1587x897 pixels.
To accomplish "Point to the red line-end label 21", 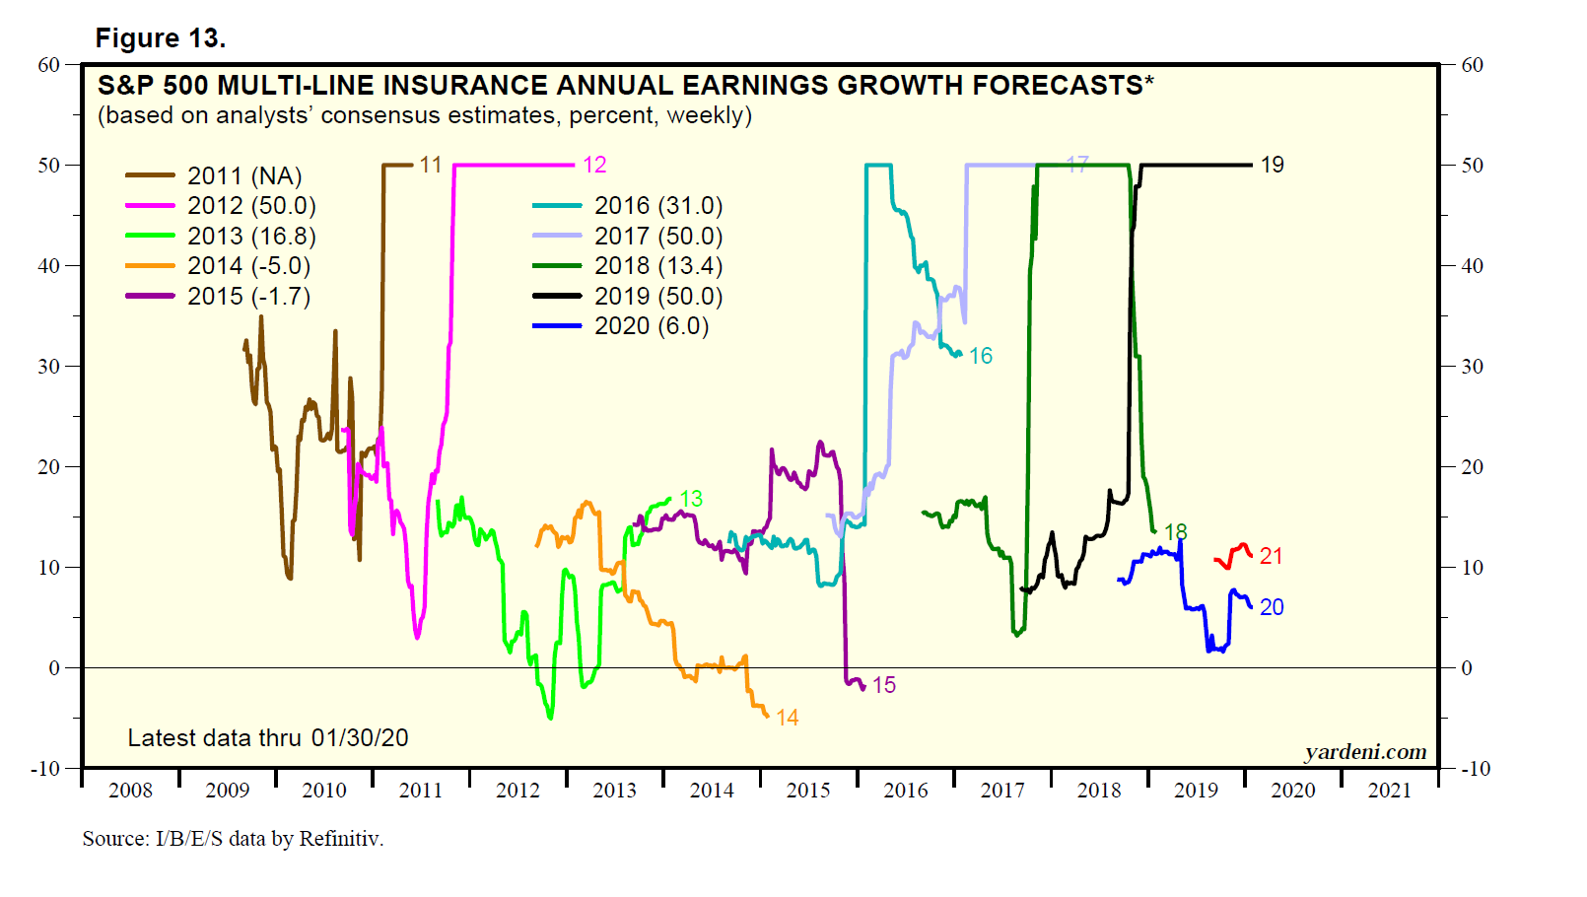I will pyautogui.click(x=1271, y=557).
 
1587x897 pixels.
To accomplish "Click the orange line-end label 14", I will pyautogui.click(x=787, y=719).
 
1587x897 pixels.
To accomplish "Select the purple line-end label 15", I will pyautogui.click(x=883, y=685).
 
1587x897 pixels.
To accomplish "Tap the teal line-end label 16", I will pyautogui.click(x=980, y=356).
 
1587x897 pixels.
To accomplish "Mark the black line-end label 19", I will pyautogui.click(x=1272, y=166).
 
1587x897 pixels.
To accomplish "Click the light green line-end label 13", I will pyautogui.click(x=691, y=499).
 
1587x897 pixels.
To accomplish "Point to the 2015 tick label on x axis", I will pyautogui.click(x=808, y=791).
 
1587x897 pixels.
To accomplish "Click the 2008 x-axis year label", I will pyautogui.click(x=130, y=791).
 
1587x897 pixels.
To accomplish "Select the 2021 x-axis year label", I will pyautogui.click(x=1389, y=791).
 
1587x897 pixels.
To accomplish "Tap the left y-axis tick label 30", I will pyautogui.click(x=49, y=367).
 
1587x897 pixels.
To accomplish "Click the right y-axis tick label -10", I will pyautogui.click(x=1475, y=769).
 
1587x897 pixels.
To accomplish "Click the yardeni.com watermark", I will pyautogui.click(x=1365, y=752).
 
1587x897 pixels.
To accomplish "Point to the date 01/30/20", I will pyautogui.click(x=360, y=738).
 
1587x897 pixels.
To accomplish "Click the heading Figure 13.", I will pyautogui.click(x=161, y=38).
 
